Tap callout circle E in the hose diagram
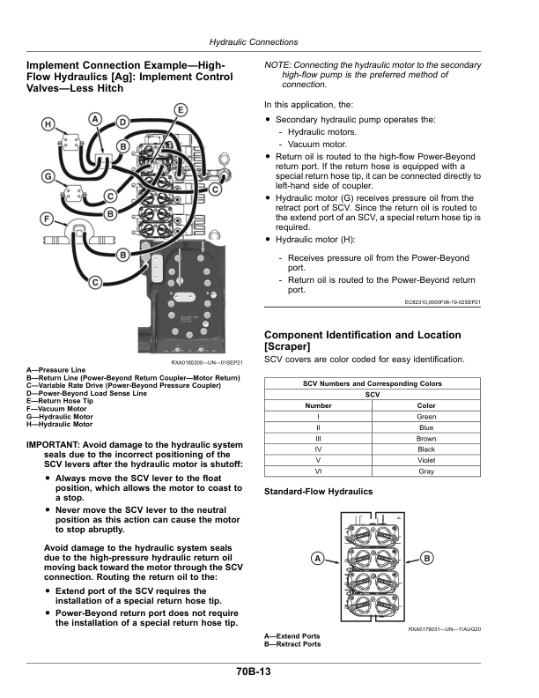(x=180, y=109)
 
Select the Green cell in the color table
(x=426, y=417)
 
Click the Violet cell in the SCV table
(x=426, y=460)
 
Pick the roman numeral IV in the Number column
(x=318, y=449)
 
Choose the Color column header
(x=426, y=405)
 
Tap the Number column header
(x=318, y=405)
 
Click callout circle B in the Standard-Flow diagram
(x=428, y=559)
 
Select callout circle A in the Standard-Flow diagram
(x=314, y=559)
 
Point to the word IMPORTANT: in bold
(x=56, y=444)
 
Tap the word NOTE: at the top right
(x=279, y=65)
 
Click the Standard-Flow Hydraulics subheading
(x=318, y=491)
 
